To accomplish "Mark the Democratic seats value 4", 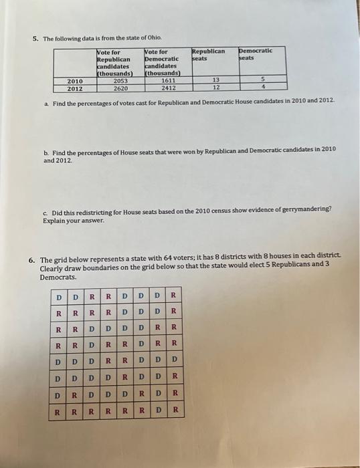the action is coord(264,87).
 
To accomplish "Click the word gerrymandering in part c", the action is coord(307,209).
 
